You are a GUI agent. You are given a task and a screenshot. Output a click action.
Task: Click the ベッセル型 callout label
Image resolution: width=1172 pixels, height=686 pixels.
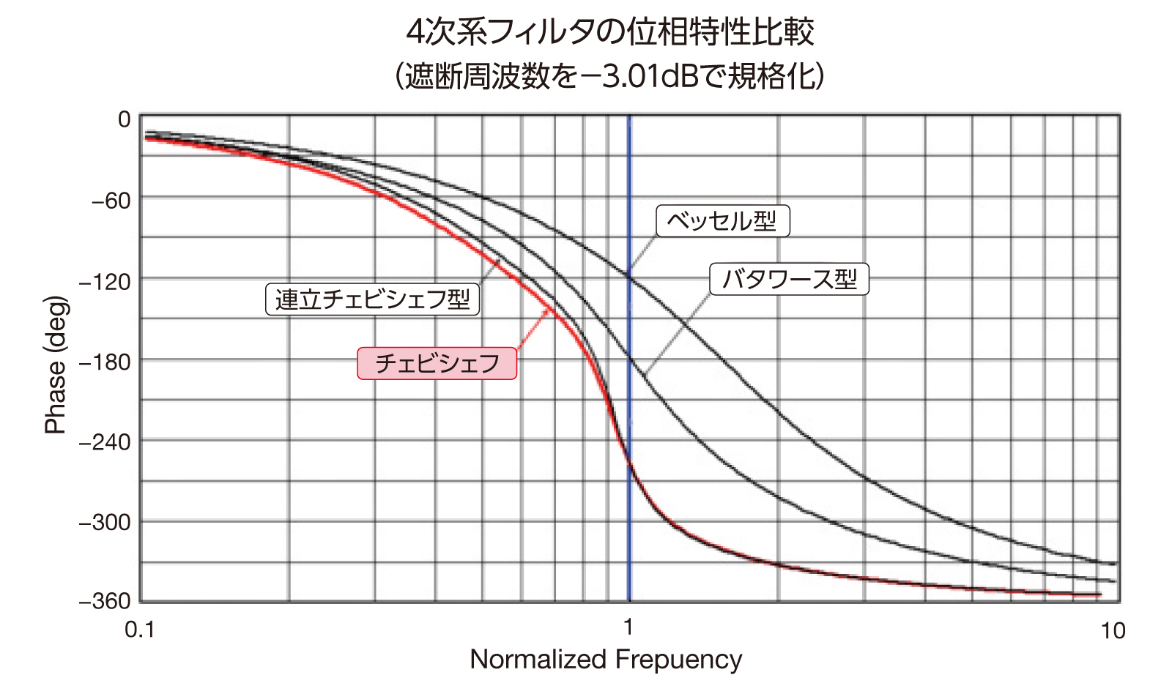pos(722,221)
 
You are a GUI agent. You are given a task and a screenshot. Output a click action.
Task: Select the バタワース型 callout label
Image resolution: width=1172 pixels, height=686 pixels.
pos(789,279)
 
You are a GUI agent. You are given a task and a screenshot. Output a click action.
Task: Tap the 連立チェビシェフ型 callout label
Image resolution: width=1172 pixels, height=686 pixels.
pos(372,299)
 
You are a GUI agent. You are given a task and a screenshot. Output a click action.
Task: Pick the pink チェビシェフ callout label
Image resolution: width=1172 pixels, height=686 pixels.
pos(437,363)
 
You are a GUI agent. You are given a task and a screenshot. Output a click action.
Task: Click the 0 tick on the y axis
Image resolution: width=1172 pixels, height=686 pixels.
pos(124,119)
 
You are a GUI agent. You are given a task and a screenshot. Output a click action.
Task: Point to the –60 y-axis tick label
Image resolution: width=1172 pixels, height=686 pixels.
pos(111,200)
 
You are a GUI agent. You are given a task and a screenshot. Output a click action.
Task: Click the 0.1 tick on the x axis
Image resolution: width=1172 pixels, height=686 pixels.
pos(140,630)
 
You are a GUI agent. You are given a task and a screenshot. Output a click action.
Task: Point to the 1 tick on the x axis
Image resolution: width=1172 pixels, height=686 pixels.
pos(628,627)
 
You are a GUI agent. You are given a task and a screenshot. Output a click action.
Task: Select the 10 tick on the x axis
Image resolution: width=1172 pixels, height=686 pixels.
pos(1113,630)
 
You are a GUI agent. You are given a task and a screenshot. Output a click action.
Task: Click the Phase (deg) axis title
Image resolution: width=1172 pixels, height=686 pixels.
pos(56,365)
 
